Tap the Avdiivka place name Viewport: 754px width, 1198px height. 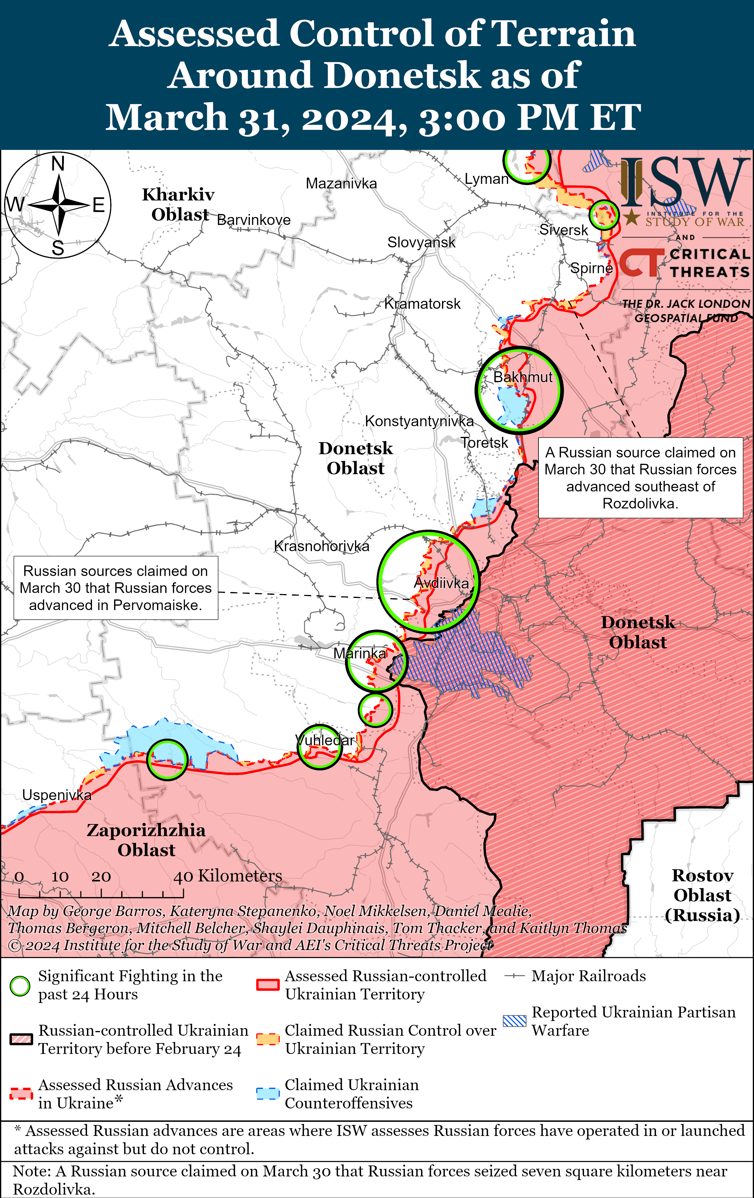(441, 583)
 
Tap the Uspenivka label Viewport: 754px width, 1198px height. (57, 795)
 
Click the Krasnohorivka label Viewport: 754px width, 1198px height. (321, 546)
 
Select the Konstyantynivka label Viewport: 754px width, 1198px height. (419, 421)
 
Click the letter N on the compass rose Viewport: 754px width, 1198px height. (58, 164)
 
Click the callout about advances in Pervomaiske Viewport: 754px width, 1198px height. (115, 588)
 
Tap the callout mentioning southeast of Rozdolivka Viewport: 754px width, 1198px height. (640, 478)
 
